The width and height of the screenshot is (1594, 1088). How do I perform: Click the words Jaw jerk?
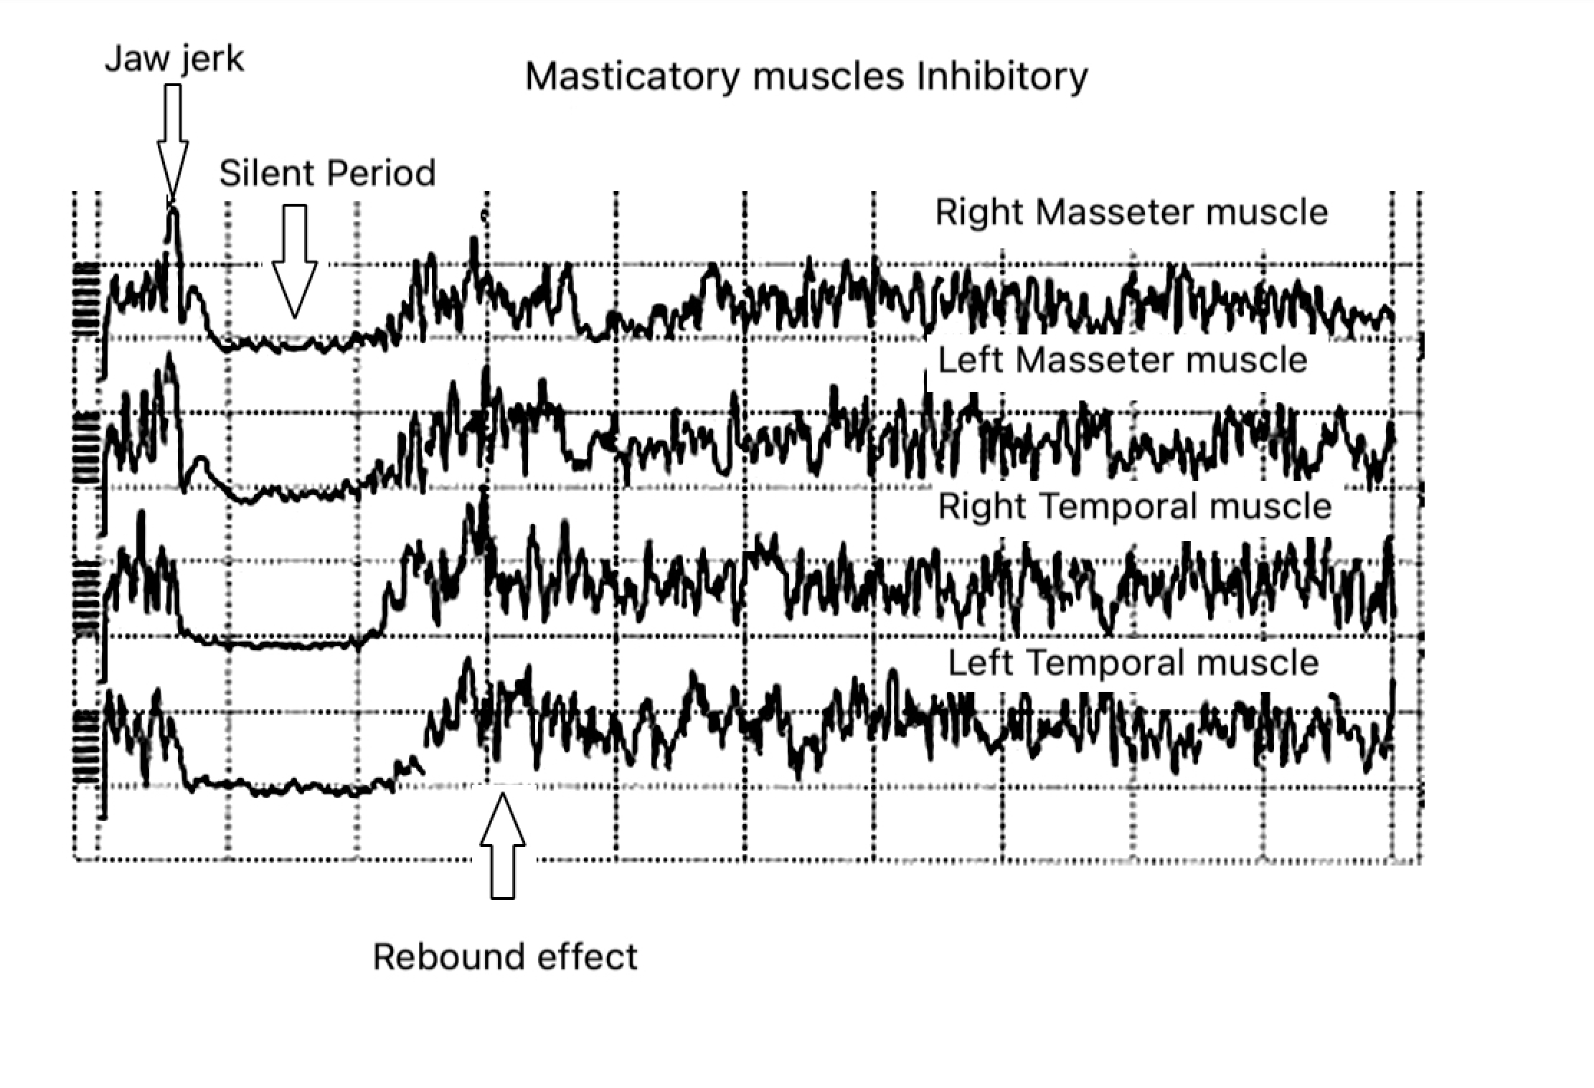(174, 59)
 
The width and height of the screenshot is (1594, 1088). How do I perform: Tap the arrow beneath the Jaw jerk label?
(172, 144)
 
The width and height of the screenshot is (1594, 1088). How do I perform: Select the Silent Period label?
(327, 174)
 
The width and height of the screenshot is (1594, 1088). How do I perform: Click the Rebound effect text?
(505, 957)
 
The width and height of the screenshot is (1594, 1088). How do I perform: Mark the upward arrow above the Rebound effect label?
(502, 847)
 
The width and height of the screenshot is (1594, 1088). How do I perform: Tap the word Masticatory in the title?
(631, 76)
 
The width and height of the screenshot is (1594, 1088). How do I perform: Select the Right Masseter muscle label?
(1131, 212)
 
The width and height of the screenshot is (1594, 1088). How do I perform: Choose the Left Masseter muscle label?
(1123, 360)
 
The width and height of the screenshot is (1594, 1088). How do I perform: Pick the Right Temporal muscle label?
(1135, 507)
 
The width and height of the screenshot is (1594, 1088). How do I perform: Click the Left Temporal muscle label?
(1133, 663)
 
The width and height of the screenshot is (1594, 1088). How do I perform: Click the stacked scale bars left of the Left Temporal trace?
(86, 746)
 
